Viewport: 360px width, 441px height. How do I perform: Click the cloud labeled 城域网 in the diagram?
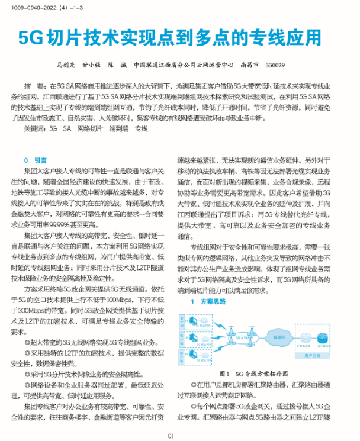(278, 336)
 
